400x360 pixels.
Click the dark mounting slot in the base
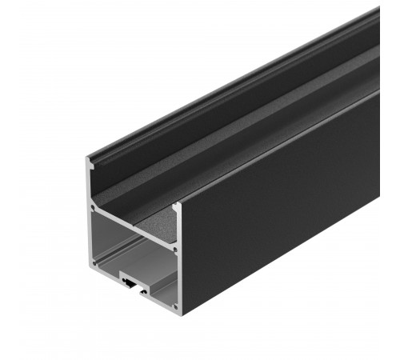(x=131, y=282)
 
